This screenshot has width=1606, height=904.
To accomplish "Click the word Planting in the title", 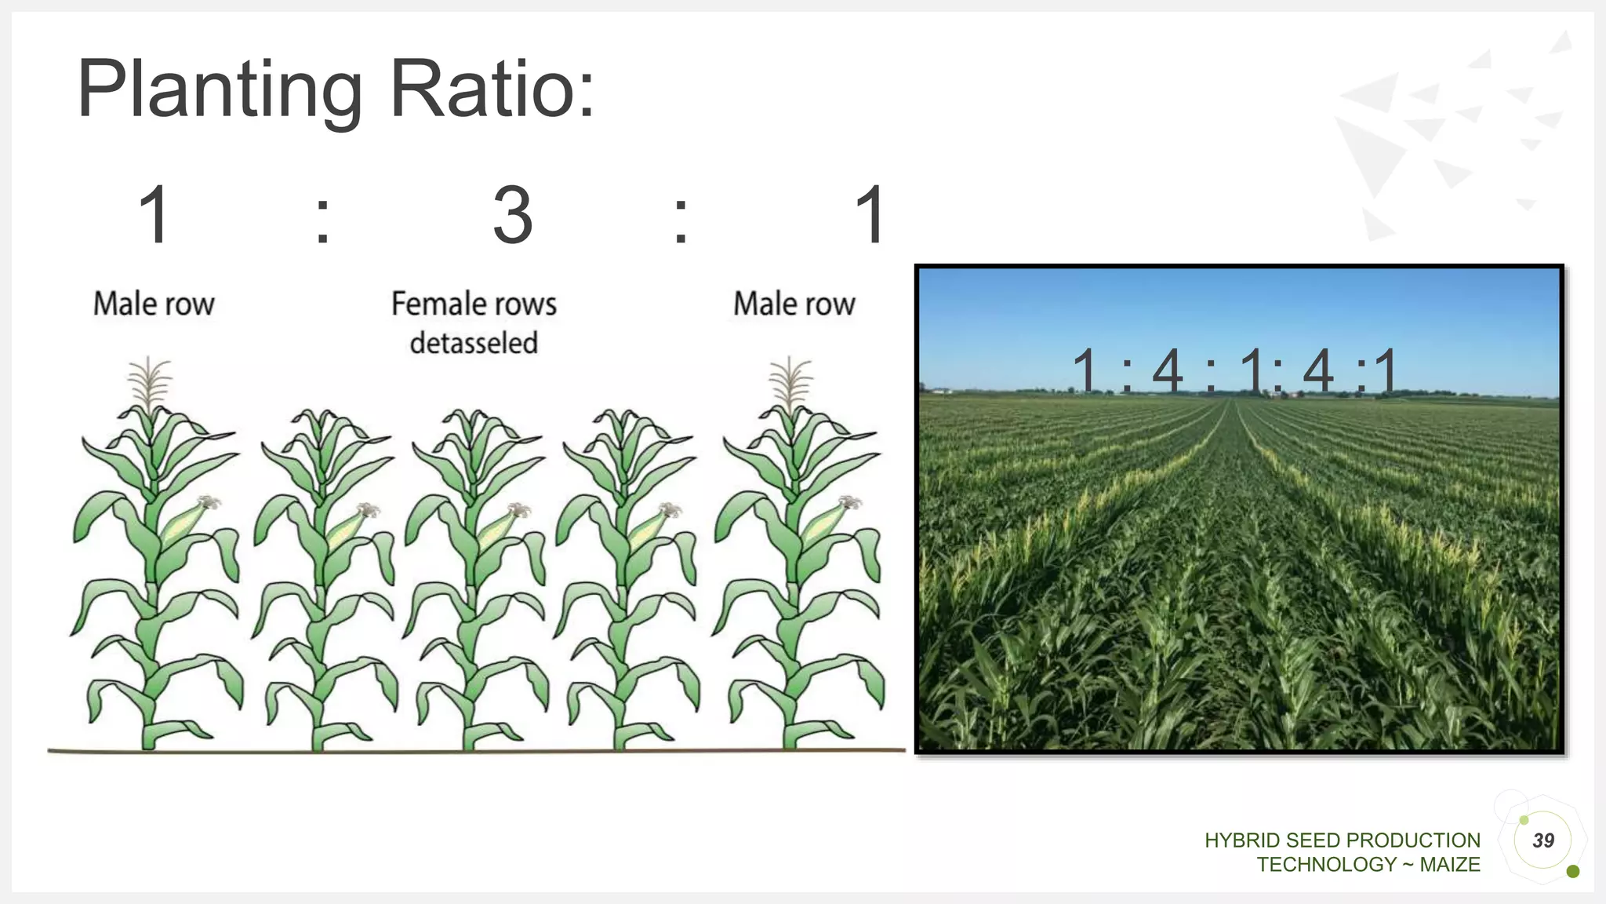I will (x=220, y=90).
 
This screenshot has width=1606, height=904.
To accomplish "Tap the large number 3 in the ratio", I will (x=513, y=215).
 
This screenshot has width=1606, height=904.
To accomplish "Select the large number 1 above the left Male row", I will (x=154, y=215).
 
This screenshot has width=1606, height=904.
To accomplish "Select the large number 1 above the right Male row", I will (x=870, y=215).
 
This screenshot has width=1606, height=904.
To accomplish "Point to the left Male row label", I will (x=154, y=304).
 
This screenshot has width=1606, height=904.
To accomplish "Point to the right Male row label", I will (x=794, y=304).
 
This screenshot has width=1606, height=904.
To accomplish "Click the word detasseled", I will (x=474, y=344).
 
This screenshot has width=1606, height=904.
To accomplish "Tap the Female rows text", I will (x=474, y=304).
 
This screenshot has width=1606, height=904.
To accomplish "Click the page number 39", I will (x=1543, y=840).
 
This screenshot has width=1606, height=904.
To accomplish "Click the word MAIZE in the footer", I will (x=1450, y=865).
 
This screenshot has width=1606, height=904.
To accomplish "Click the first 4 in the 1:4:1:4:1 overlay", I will (x=1167, y=370).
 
